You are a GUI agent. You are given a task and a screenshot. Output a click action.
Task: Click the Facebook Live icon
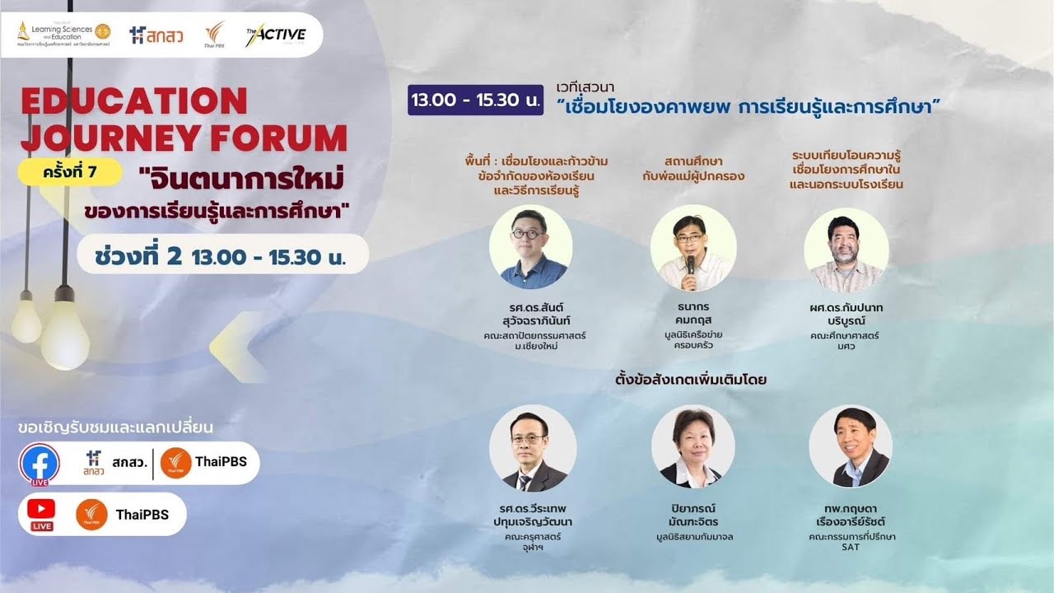pos(40,465)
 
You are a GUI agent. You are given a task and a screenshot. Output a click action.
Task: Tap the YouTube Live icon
pos(41,514)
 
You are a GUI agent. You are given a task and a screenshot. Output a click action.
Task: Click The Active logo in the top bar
pos(275,35)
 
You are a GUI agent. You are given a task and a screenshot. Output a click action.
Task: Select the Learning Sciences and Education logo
pos(63,34)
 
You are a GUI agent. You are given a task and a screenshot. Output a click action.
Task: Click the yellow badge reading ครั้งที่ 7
pos(70,172)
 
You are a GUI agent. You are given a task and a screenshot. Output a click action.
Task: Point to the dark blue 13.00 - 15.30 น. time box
pos(476,100)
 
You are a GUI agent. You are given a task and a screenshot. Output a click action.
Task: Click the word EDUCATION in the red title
pos(134,101)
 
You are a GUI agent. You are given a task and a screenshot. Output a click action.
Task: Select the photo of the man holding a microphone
pos(693,247)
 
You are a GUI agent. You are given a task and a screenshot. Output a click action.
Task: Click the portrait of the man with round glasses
pos(530,247)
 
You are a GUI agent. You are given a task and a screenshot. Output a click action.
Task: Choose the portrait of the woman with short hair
pos(693,446)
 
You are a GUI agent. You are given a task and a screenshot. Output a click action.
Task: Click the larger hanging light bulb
pos(64,334)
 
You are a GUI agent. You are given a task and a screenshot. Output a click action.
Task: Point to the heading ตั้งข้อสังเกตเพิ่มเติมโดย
pos(691,381)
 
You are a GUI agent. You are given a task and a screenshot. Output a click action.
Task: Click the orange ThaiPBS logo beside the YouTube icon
pos(91,515)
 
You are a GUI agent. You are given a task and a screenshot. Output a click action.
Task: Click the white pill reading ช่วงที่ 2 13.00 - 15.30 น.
pos(222,256)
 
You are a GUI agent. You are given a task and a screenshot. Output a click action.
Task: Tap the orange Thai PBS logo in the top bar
pos(214,35)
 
